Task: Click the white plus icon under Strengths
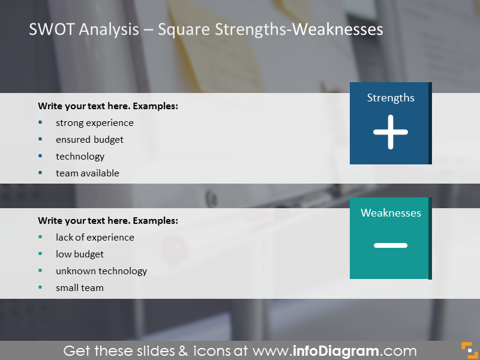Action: pyautogui.click(x=391, y=132)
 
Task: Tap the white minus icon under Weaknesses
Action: pyautogui.click(x=391, y=245)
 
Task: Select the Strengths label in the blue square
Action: pyautogui.click(x=391, y=98)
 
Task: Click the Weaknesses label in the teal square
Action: pyautogui.click(x=391, y=213)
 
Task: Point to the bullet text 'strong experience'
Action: pyautogui.click(x=95, y=123)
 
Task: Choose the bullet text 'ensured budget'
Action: pyautogui.click(x=89, y=140)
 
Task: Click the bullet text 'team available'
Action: pyautogui.click(x=87, y=173)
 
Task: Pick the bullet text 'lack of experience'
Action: pyautogui.click(x=95, y=238)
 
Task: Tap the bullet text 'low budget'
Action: pyautogui.click(x=80, y=254)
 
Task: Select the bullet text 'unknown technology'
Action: pyautogui.click(x=101, y=271)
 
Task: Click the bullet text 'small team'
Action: pyautogui.click(x=80, y=288)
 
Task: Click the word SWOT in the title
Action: pyautogui.click(x=52, y=29)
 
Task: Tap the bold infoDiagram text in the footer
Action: pyautogui.click(x=336, y=351)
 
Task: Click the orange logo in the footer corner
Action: pyautogui.click(x=469, y=350)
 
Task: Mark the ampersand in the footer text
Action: pyautogui.click(x=183, y=351)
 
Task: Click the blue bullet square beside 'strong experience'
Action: pyautogui.click(x=40, y=122)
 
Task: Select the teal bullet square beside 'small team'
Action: pyautogui.click(x=40, y=287)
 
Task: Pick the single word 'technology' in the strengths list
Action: pyautogui.click(x=80, y=157)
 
